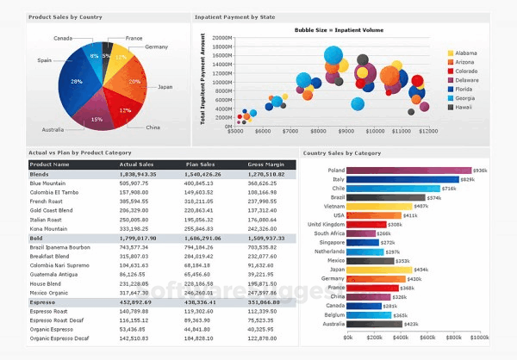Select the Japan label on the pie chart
coord(165,86)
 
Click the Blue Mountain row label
coord(47,183)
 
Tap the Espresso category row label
coord(43,301)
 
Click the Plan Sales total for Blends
coord(204,173)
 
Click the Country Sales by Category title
coord(343,153)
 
